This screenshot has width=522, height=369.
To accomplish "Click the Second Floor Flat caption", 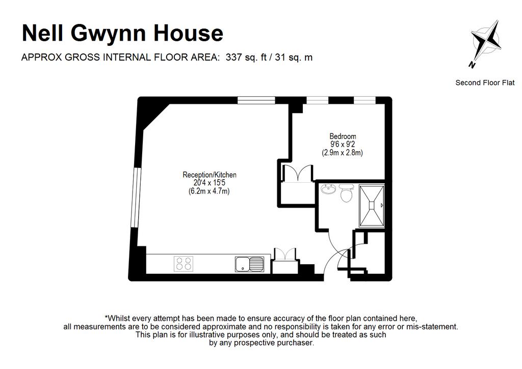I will coord(485,82).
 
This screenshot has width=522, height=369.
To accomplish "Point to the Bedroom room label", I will coord(343,136).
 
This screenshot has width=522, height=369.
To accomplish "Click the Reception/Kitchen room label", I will coord(210,175).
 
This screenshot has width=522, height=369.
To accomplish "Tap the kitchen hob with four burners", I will coord(184,263).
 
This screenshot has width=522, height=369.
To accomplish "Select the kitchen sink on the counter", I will coord(249,264).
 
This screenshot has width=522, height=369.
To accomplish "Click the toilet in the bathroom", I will coord(347,192).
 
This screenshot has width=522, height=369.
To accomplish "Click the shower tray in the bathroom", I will coord(371,205).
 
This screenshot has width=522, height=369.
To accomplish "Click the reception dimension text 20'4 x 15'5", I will coord(210,183).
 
